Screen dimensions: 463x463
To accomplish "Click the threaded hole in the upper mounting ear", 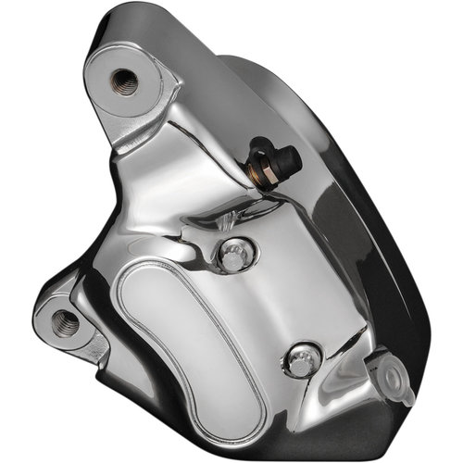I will click(x=123, y=82).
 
